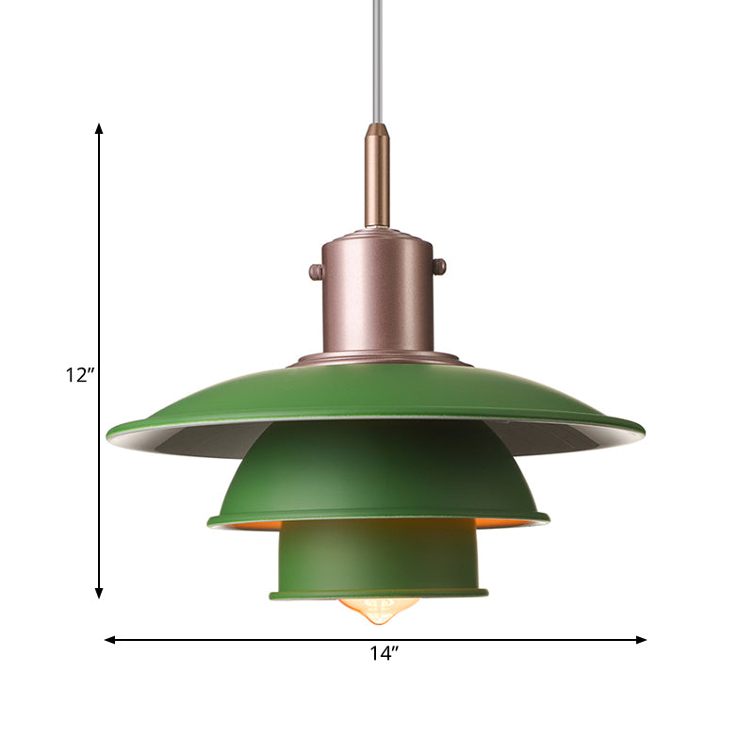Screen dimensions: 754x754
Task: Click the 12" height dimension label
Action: point(80,375)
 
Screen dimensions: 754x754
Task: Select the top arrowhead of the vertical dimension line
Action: point(99,127)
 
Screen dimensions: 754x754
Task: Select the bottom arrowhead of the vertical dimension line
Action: point(99,593)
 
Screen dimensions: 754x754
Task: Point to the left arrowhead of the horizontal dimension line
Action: point(109,639)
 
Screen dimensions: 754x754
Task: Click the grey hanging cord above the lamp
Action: point(377,57)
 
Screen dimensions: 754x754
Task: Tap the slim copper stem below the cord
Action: point(377,179)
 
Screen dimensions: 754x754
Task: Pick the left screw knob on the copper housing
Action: point(316,272)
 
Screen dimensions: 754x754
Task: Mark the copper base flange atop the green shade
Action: point(377,358)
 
